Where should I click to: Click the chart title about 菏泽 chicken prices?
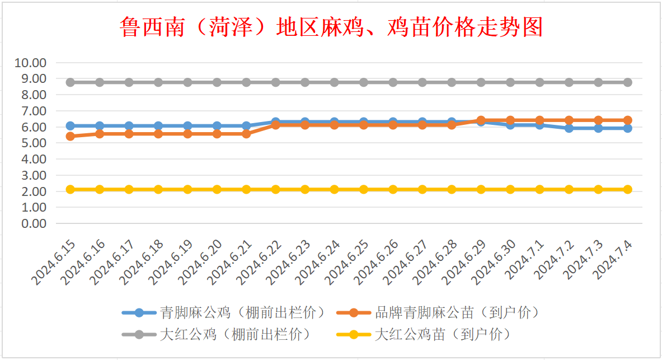point(331,26)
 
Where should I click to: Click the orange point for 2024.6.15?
point(71,136)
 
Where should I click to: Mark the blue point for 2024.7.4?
point(627,128)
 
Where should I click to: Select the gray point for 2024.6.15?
point(71,82)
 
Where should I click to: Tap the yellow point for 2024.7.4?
point(627,189)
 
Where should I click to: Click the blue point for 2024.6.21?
point(246,126)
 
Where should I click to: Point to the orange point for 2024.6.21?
point(246,134)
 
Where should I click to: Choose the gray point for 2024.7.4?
point(627,82)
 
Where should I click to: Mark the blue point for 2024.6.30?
point(510,125)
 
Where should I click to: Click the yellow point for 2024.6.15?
point(71,189)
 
